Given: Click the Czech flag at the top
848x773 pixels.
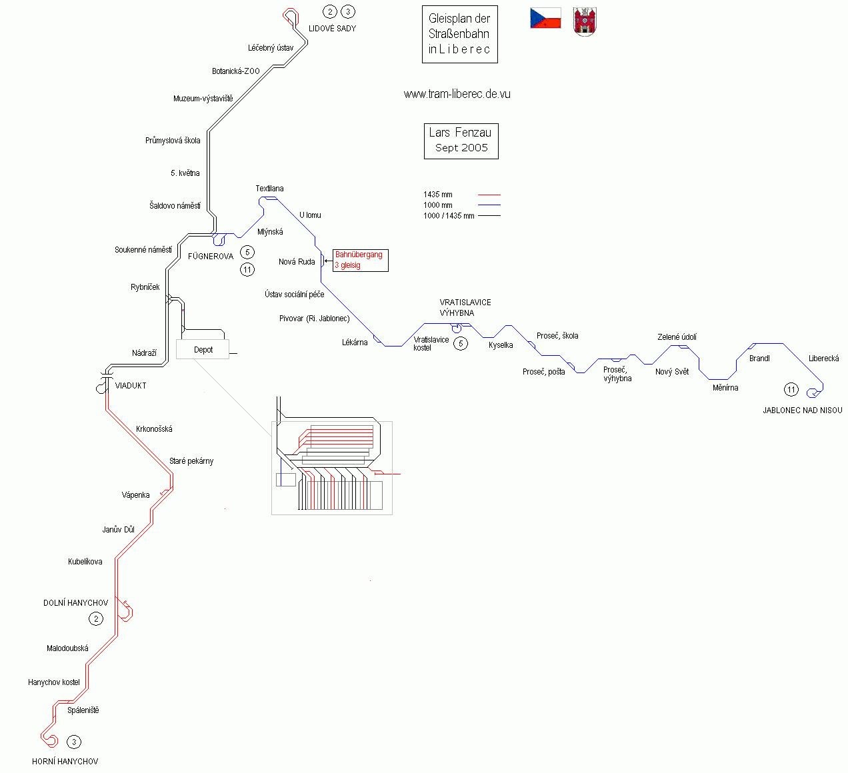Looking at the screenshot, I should pos(545,19).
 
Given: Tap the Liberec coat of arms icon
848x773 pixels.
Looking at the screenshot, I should pos(585,22).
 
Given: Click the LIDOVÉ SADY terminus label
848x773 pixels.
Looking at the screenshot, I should pos(332,29).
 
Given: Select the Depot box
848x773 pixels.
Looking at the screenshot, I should pos(203,349).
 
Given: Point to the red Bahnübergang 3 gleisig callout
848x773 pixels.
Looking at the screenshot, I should pos(360,260).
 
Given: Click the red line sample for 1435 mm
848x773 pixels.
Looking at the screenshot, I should pos(489,195).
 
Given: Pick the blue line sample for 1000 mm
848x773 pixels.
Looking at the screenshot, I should pos(489,205).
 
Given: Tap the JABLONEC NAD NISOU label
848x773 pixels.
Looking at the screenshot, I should pos(802,410).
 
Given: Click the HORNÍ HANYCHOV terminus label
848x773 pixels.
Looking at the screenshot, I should pos(65,762).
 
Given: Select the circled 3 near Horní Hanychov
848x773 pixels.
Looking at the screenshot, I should pos(74,742).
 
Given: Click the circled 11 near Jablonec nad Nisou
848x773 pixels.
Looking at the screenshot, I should pos(791,390).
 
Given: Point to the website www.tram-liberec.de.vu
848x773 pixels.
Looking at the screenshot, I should pos(457,94).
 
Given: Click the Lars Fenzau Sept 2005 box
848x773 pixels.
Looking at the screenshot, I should pos(461,141).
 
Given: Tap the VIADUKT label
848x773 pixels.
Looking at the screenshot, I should pos(131,386).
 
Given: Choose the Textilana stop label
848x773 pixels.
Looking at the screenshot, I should pos(269,189).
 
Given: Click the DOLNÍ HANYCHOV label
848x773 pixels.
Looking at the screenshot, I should pos(75,603).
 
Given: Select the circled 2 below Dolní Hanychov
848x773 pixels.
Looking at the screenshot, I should pos(96,619).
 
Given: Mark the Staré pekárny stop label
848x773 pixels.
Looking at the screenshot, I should pos(191,461).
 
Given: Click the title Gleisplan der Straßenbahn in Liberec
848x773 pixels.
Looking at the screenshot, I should pos(459,35).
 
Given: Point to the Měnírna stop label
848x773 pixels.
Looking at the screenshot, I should pos(725,388).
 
